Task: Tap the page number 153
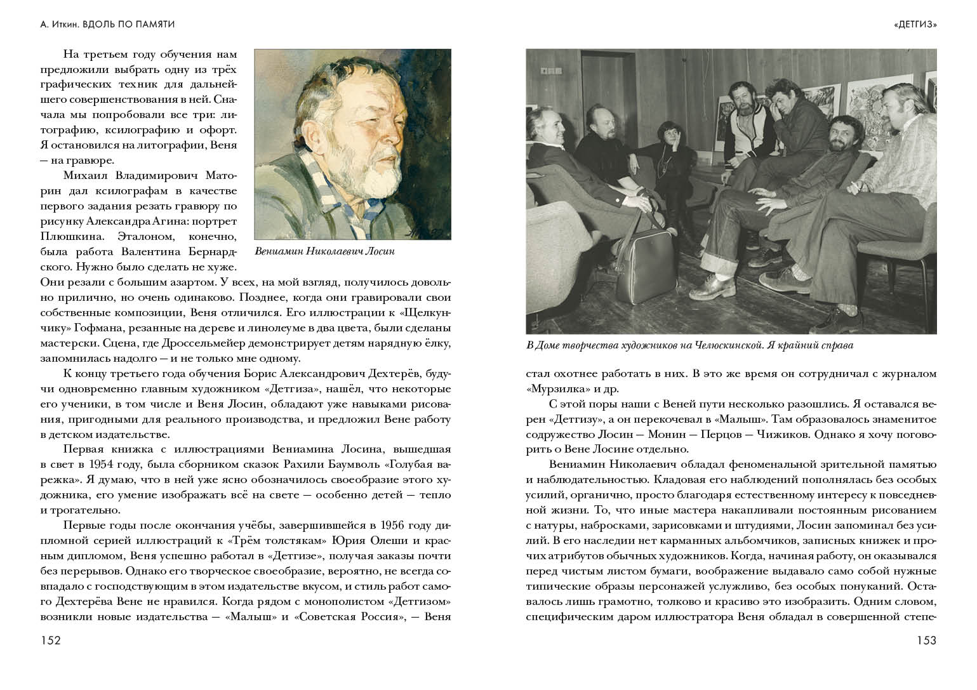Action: [926, 641]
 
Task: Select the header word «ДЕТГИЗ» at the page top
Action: [915, 25]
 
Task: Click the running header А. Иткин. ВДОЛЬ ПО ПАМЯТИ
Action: [107, 25]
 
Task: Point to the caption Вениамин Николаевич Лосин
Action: [324, 251]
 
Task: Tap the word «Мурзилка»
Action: [551, 389]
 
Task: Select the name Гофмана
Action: [79, 329]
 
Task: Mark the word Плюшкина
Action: [66, 236]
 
